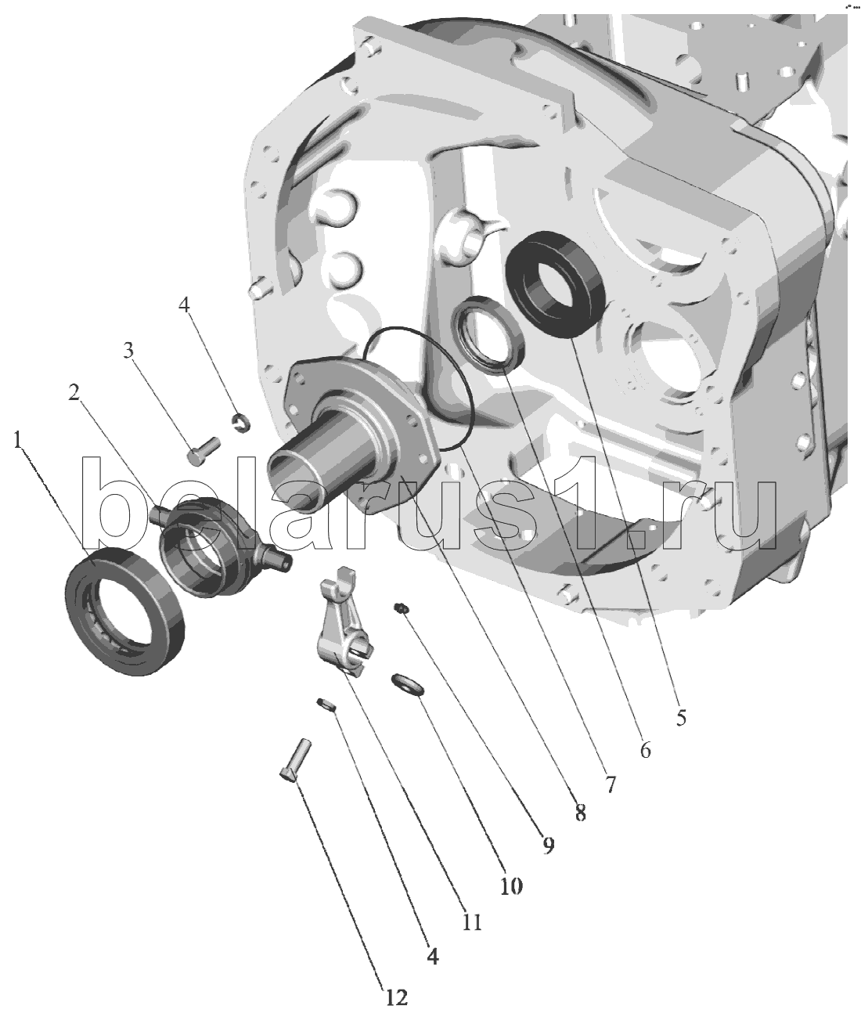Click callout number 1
(17, 440)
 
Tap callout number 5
(681, 716)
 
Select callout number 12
(397, 997)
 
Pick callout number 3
(131, 349)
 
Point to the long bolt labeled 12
(295, 759)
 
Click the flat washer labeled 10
(408, 683)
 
